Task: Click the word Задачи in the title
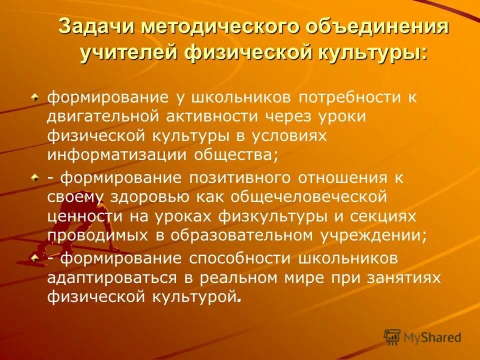tap(94, 26)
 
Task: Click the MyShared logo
tap(423, 337)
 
